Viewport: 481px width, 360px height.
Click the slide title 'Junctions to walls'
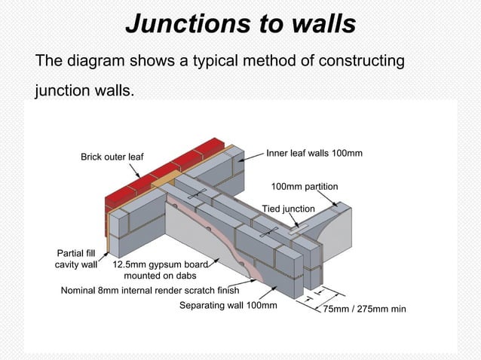pyautogui.click(x=240, y=23)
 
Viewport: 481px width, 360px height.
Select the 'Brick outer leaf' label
pyautogui.click(x=112, y=157)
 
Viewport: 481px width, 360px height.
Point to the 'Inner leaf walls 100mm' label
pyautogui.click(x=314, y=154)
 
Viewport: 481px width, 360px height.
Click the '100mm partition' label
pyautogui.click(x=305, y=186)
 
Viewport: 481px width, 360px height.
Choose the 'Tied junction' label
pyautogui.click(x=288, y=209)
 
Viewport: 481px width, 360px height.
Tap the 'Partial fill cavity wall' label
pyautogui.click(x=75, y=258)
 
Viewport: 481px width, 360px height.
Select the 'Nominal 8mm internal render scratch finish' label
pyautogui.click(x=149, y=290)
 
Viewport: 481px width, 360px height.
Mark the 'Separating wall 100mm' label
pyautogui.click(x=228, y=306)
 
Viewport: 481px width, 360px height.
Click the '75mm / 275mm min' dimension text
pyautogui.click(x=365, y=309)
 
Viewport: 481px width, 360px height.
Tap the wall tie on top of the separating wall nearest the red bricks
pyautogui.click(x=197, y=194)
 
